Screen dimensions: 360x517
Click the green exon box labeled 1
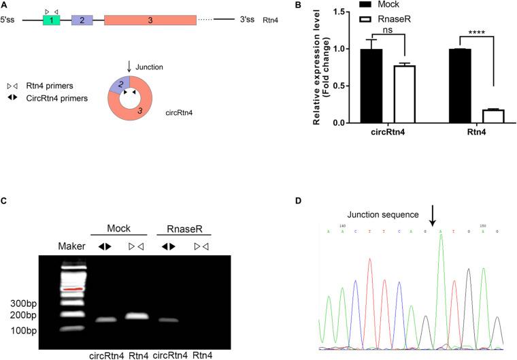tap(51, 20)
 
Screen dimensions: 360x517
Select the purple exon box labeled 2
tap(82, 20)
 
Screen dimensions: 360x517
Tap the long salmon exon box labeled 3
tap(150, 20)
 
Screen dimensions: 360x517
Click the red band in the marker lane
tap(71, 289)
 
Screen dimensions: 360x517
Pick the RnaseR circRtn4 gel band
tap(167, 320)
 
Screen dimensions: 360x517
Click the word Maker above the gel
tap(71, 246)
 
